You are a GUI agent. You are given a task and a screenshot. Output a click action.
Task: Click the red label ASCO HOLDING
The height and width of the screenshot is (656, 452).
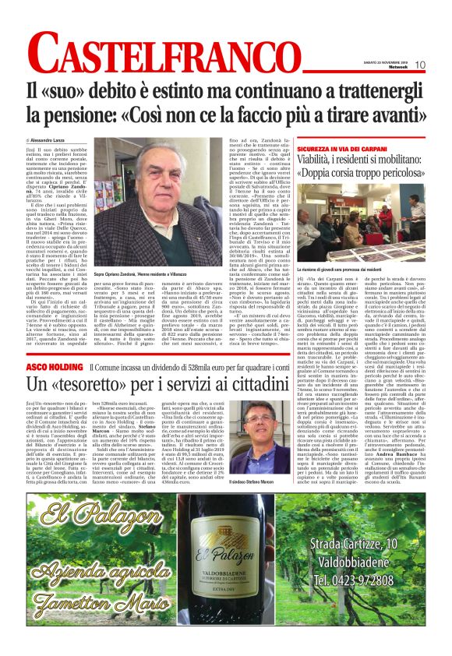[x=51, y=366]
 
